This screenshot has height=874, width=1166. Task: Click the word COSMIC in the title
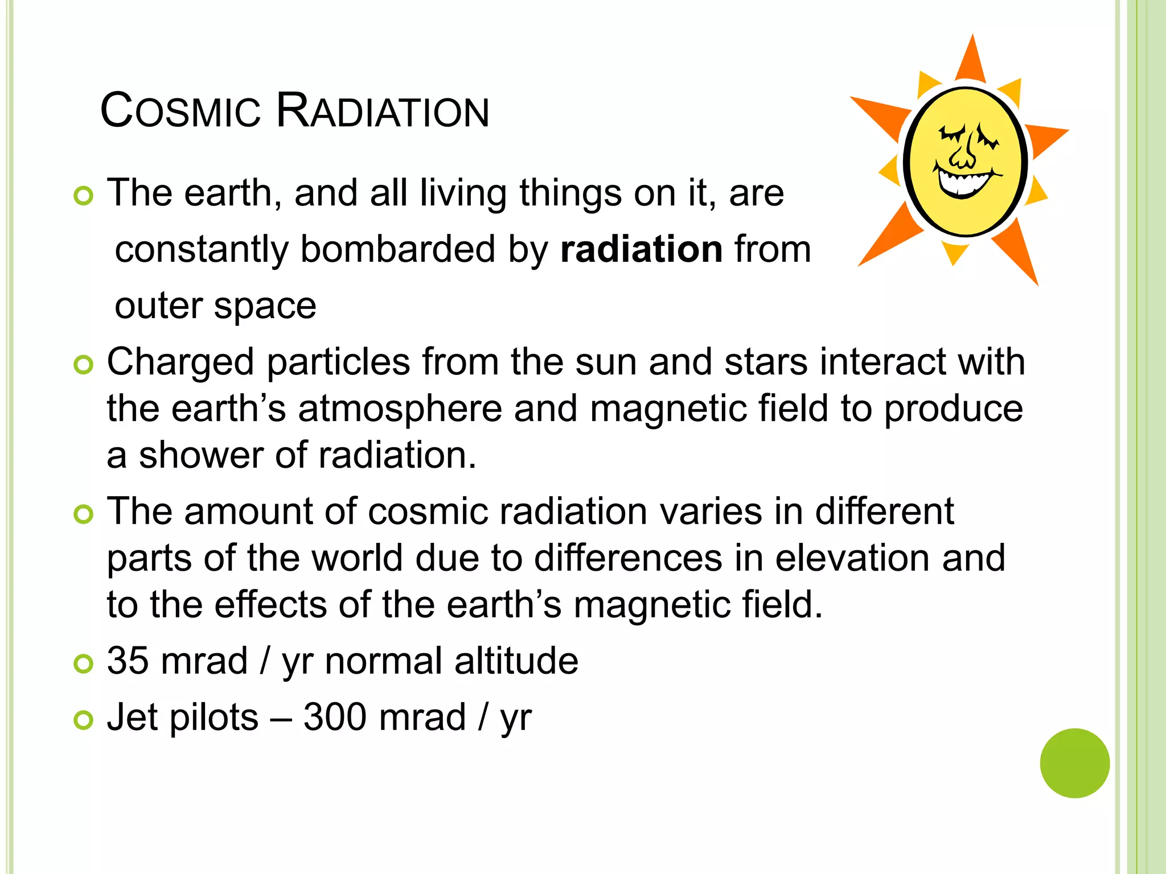180,111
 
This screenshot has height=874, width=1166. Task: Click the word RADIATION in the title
383,111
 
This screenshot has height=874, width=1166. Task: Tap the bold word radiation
642,249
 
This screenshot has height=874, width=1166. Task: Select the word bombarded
397,249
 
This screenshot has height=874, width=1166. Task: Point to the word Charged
180,362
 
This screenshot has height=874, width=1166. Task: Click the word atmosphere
400,409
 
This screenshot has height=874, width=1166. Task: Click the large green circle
1074,763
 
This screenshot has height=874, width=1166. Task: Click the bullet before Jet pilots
83,720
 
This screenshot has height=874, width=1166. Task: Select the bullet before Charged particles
83,365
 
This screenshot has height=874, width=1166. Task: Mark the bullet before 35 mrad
83,664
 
